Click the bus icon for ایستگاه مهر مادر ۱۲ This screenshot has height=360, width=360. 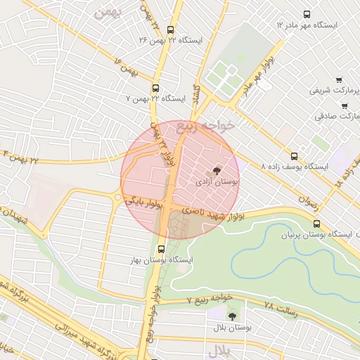(x=307, y=14)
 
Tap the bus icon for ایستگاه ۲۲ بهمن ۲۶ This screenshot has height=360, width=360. (x=171, y=30)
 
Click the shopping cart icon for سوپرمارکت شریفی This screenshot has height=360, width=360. (x=339, y=80)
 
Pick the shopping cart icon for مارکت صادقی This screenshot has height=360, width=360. (x=344, y=106)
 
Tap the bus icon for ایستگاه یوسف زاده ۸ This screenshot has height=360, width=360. (x=294, y=157)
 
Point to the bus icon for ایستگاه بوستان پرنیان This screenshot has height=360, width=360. (x=316, y=224)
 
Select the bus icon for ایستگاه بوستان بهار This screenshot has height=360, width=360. (x=162, y=248)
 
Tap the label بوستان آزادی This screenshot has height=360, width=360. (x=217, y=181)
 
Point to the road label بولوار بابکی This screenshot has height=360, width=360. (x=144, y=202)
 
